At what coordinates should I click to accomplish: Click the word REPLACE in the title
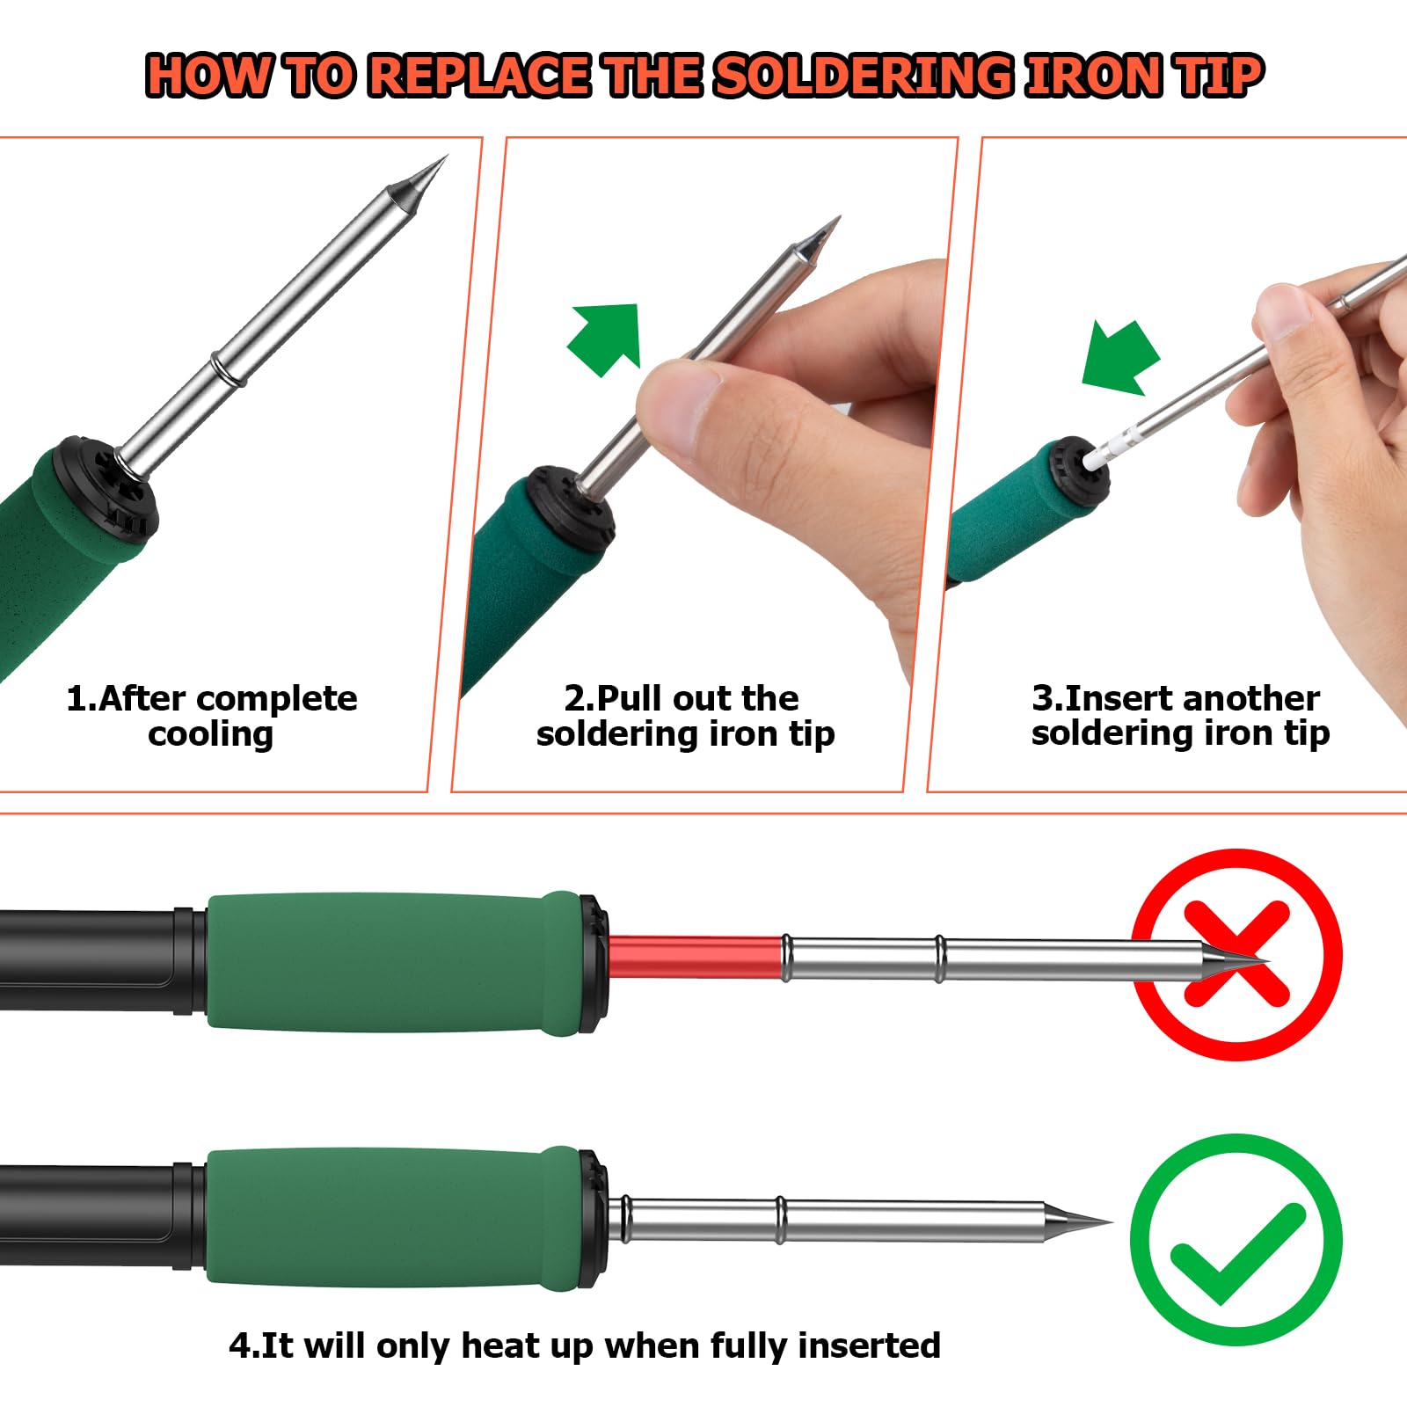(479, 75)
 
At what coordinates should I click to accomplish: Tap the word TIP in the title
(1219, 75)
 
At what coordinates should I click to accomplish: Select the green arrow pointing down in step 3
(1119, 357)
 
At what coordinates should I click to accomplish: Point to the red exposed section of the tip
(695, 957)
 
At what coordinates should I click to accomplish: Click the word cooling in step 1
(211, 734)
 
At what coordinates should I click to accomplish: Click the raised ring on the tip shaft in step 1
(226, 368)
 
